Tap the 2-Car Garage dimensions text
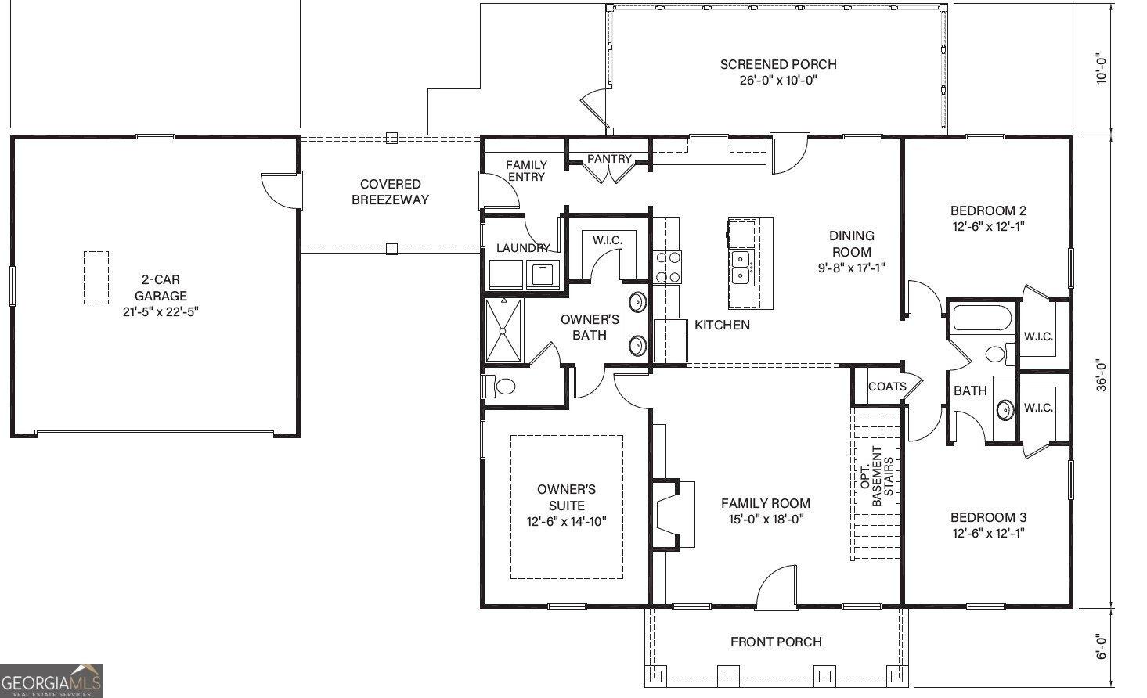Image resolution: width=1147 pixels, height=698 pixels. tap(161, 311)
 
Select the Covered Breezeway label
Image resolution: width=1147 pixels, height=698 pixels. tap(390, 192)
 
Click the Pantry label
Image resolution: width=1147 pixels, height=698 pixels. tap(609, 159)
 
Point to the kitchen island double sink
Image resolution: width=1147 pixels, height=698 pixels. tap(741, 267)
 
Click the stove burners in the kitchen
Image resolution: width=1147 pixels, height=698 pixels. tap(668, 267)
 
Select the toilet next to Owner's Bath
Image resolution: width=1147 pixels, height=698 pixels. tap(500, 386)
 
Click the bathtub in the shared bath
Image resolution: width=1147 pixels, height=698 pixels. tap(982, 318)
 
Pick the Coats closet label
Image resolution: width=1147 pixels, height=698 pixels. tap(887, 387)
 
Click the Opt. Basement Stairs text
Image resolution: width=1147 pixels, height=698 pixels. tap(877, 477)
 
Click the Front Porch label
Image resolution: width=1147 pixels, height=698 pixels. tap(776, 642)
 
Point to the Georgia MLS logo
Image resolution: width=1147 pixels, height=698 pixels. tap(51, 681)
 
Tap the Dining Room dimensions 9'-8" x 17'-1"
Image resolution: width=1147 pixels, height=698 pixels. tap(852, 268)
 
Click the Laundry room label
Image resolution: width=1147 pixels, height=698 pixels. tap(523, 248)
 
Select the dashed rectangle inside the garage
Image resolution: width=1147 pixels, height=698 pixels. tap(96, 278)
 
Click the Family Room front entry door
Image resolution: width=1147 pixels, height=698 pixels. tap(776, 588)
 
